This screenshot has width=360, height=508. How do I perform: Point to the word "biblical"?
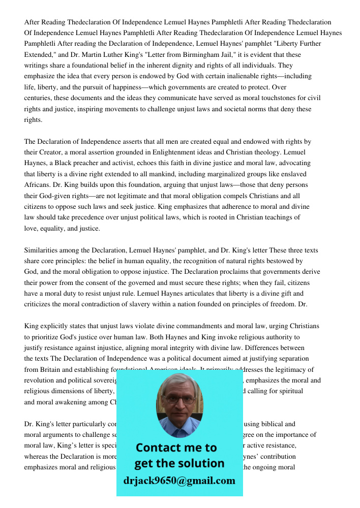pyautogui.click(x=284, y=424)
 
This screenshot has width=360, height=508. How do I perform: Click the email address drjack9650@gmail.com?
pyautogui.click(x=179, y=481)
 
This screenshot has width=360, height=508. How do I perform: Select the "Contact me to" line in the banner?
pyautogui.click(x=176, y=448)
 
